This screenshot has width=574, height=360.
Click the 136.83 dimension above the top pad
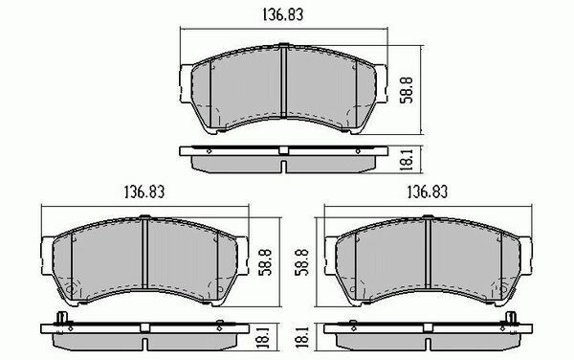[x=283, y=15]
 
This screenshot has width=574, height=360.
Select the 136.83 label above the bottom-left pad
[x=144, y=191]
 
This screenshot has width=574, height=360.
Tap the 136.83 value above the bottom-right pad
[x=428, y=191]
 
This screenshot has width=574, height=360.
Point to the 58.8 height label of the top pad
[x=407, y=90]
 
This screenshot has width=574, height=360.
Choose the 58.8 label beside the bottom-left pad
[x=265, y=262]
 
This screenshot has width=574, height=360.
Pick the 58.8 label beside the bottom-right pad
[x=302, y=262]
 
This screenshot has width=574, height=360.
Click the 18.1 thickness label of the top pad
[x=408, y=159]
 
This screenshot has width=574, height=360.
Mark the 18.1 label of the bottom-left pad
[x=264, y=338]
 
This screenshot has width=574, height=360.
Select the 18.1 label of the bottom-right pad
[x=302, y=338]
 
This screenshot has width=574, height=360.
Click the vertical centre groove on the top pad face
[x=284, y=82]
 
